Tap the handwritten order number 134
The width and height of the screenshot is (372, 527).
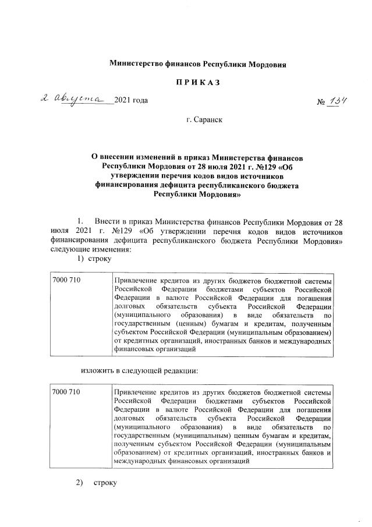click(338, 101)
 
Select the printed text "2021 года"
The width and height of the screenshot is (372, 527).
click(132, 102)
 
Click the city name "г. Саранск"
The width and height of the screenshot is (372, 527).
click(204, 121)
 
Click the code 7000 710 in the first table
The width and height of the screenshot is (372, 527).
click(66, 280)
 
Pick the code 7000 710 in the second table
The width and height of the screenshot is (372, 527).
click(66, 392)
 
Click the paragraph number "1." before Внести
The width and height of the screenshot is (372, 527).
click(82, 222)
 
